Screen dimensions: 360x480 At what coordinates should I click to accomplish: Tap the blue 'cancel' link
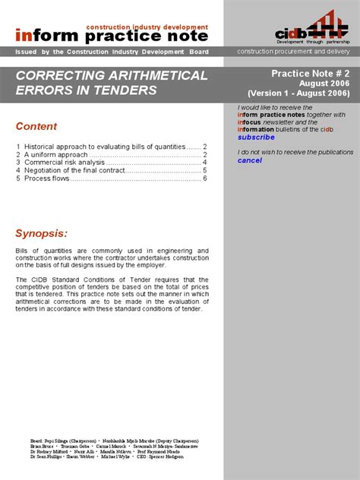249,160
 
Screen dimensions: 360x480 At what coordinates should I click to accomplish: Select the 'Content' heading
36,126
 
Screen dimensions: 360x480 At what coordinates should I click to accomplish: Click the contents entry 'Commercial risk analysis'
64,163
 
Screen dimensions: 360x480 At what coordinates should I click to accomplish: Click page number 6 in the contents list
204,179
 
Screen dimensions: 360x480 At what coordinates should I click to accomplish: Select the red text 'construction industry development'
147,27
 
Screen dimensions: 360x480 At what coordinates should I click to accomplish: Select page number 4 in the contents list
204,163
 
